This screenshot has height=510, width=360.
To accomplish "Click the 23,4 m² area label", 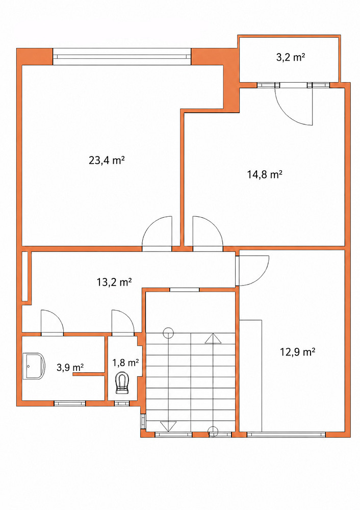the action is point(107,160).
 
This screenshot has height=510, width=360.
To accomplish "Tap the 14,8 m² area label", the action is point(264,174).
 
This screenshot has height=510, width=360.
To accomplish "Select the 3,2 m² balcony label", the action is point(291,58).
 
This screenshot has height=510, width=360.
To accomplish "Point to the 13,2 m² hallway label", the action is point(114,282).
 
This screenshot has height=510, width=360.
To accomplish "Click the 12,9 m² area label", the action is point(298,352).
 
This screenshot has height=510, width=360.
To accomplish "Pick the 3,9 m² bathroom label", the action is point(70,368).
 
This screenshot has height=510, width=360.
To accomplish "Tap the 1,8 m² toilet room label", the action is point(126,362).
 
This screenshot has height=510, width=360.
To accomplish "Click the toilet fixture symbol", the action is point(122,382).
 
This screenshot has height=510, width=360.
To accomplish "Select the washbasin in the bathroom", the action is point(34,366).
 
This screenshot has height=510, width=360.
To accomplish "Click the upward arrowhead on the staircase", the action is point(213,339).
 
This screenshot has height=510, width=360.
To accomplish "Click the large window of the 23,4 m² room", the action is point(122,57).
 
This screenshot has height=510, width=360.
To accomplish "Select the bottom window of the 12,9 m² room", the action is point(286,435).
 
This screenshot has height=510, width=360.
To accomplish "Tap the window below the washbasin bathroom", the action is point(69,403).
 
